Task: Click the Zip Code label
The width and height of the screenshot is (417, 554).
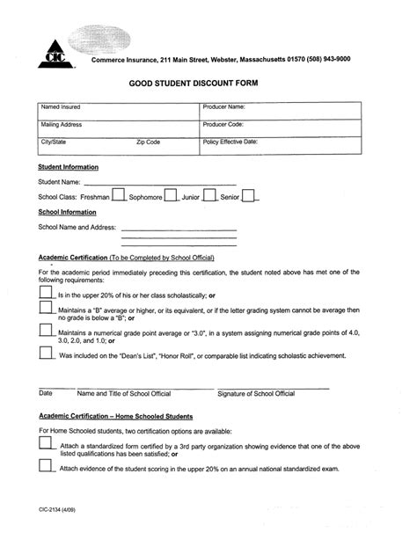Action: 148,142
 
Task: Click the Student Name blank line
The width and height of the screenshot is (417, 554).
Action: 159,184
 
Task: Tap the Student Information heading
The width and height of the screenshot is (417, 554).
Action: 68,167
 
